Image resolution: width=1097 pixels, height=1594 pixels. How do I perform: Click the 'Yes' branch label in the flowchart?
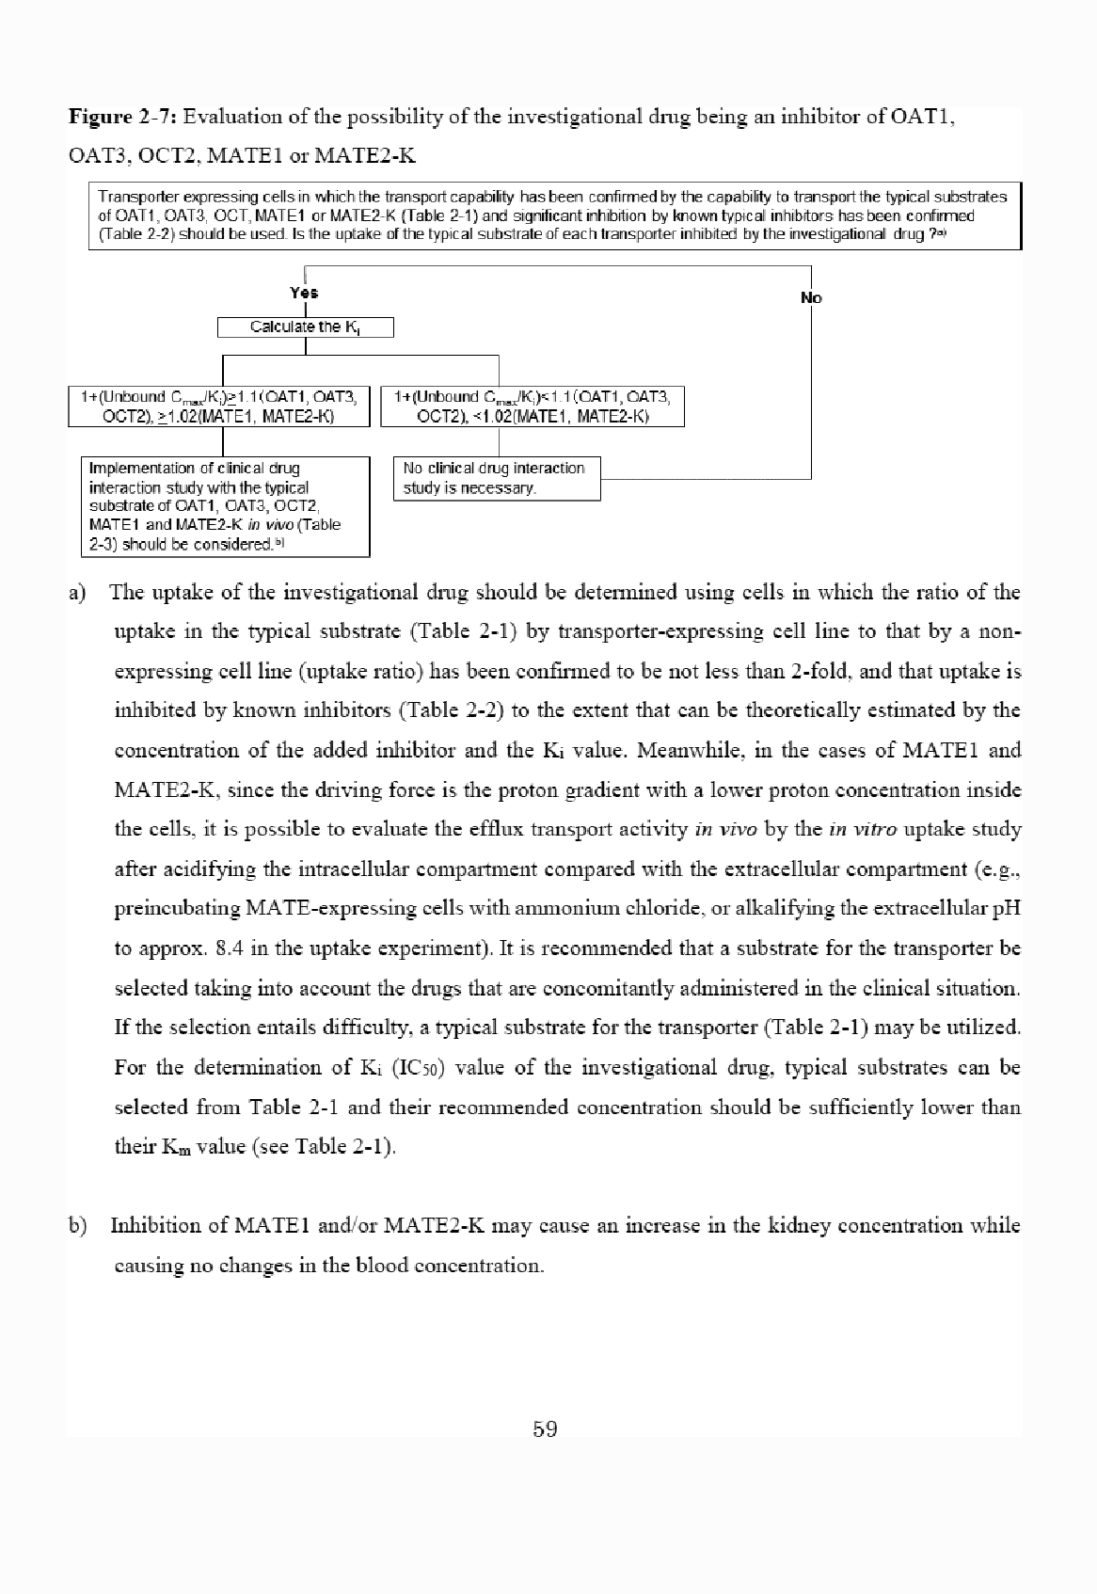(304, 293)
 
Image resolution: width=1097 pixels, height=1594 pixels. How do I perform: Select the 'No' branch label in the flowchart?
(811, 298)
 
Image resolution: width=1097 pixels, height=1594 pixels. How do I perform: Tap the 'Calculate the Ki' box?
(305, 327)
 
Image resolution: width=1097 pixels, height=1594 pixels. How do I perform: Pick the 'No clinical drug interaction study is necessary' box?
(496, 478)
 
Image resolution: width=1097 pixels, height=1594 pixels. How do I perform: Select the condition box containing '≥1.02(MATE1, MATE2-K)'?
(218, 406)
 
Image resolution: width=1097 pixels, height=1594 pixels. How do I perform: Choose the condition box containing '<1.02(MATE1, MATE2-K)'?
(533, 406)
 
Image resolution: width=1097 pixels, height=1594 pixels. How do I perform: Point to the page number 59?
(545, 1429)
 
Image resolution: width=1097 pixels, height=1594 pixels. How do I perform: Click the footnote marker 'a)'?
(77, 593)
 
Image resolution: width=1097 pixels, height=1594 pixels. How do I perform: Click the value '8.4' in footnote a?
(231, 948)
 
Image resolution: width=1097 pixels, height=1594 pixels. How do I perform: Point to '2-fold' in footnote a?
(825, 672)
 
